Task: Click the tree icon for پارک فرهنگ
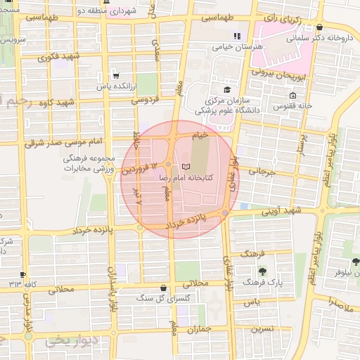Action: tap(262, 271)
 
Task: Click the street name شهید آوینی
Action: tap(281, 210)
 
